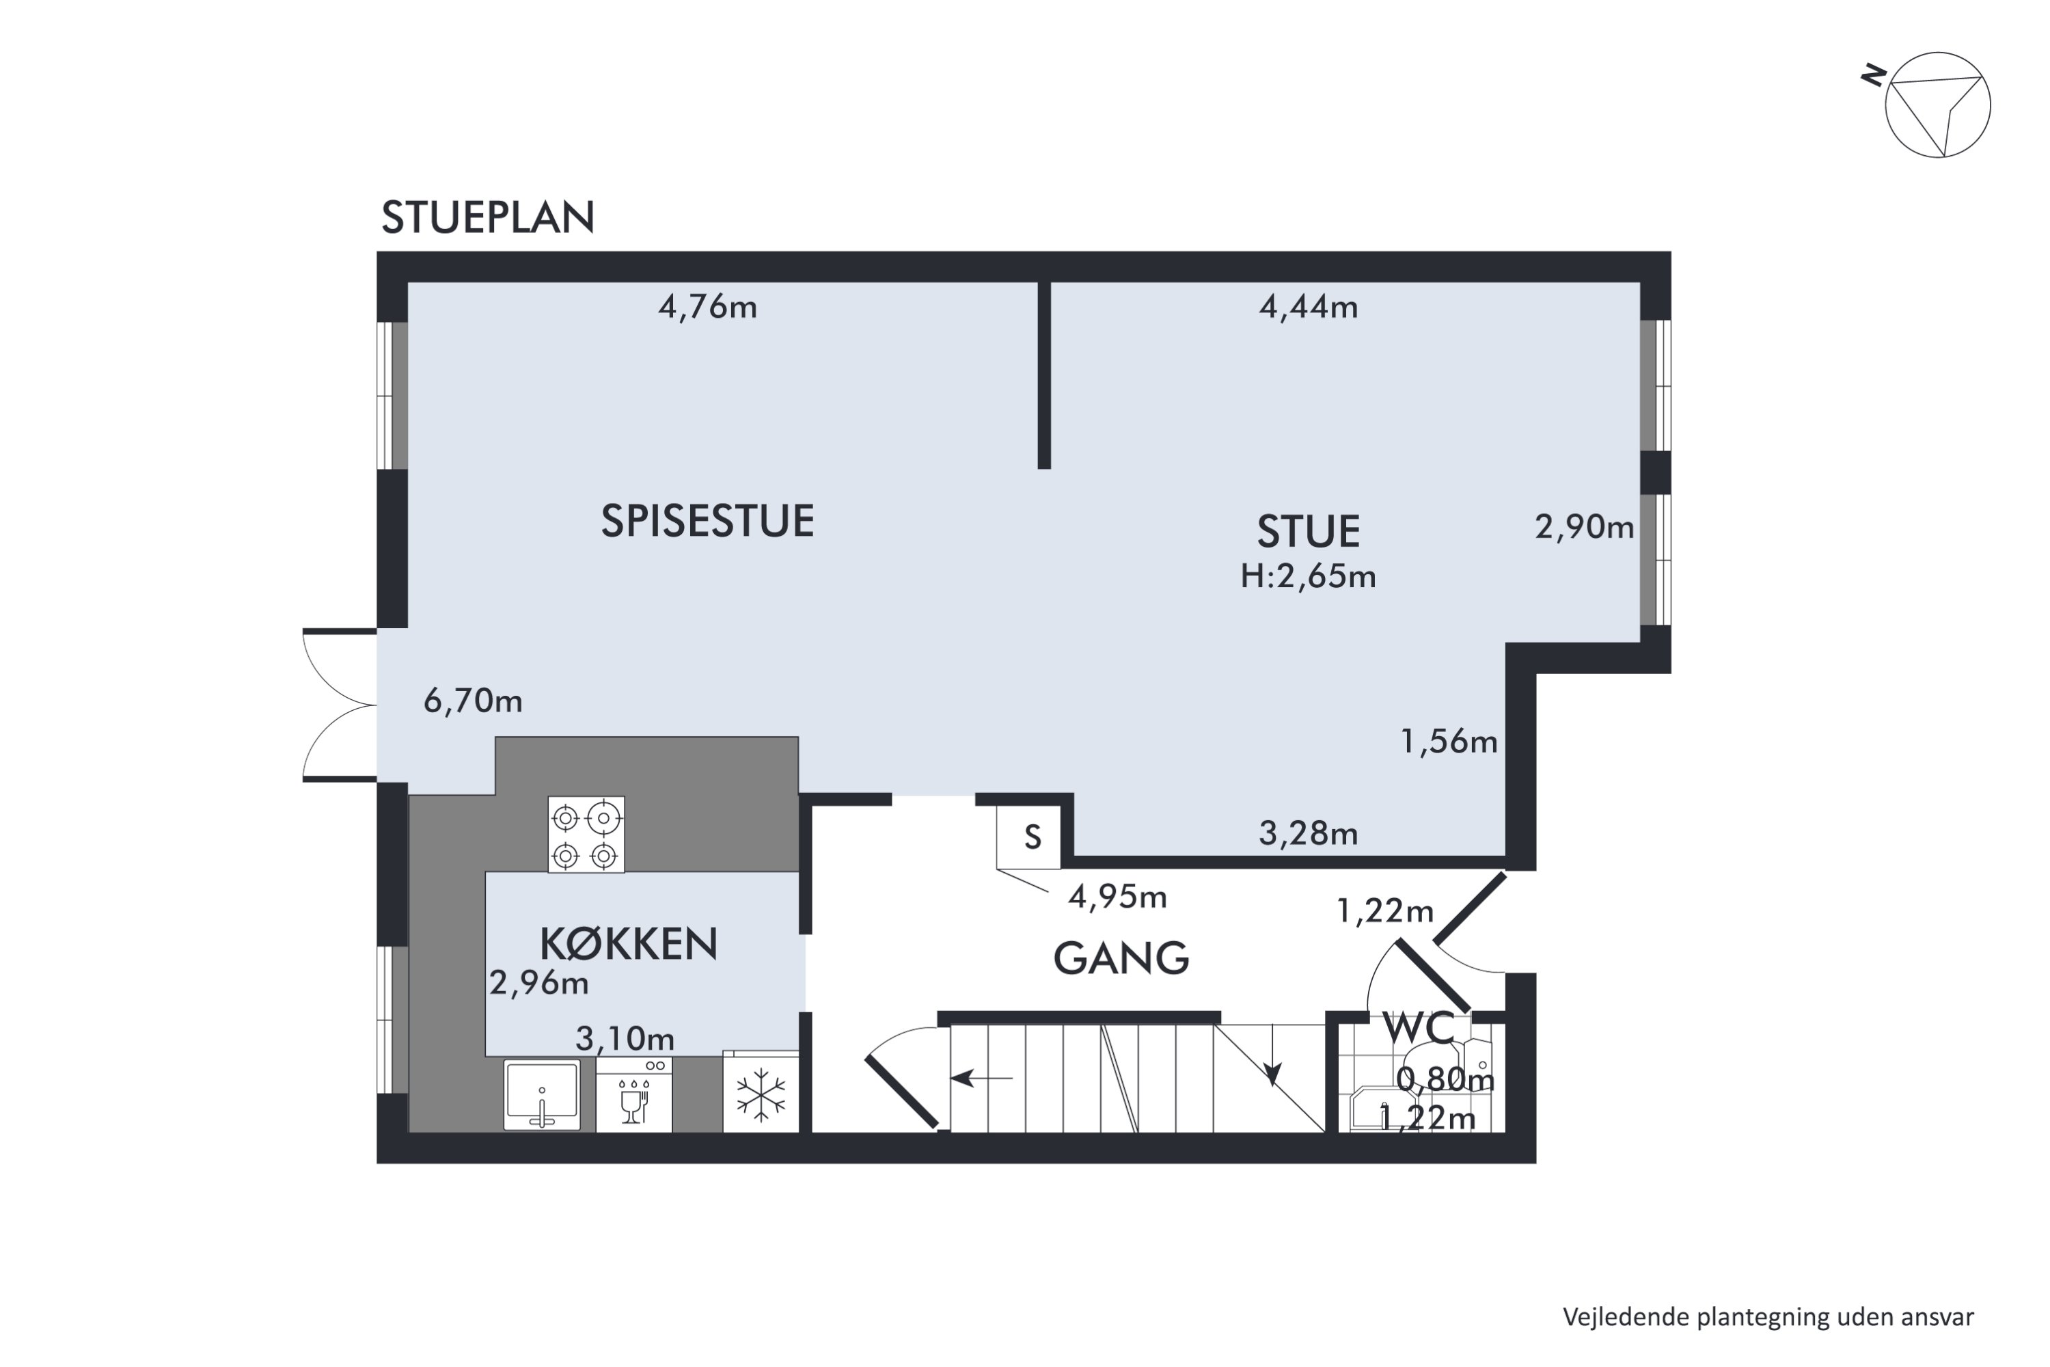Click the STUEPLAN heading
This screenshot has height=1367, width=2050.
click(487, 218)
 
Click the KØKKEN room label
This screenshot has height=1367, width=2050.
click(629, 944)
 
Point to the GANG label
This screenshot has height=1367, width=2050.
click(1121, 959)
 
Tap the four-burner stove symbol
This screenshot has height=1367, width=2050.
click(586, 835)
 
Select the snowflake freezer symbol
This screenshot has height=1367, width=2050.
click(761, 1096)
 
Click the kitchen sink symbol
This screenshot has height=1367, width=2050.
click(541, 1094)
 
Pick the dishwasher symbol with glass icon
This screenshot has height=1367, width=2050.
click(633, 1096)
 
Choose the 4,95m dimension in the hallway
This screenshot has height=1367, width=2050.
click(1117, 897)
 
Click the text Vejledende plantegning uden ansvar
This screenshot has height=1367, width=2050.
click(1768, 1317)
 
